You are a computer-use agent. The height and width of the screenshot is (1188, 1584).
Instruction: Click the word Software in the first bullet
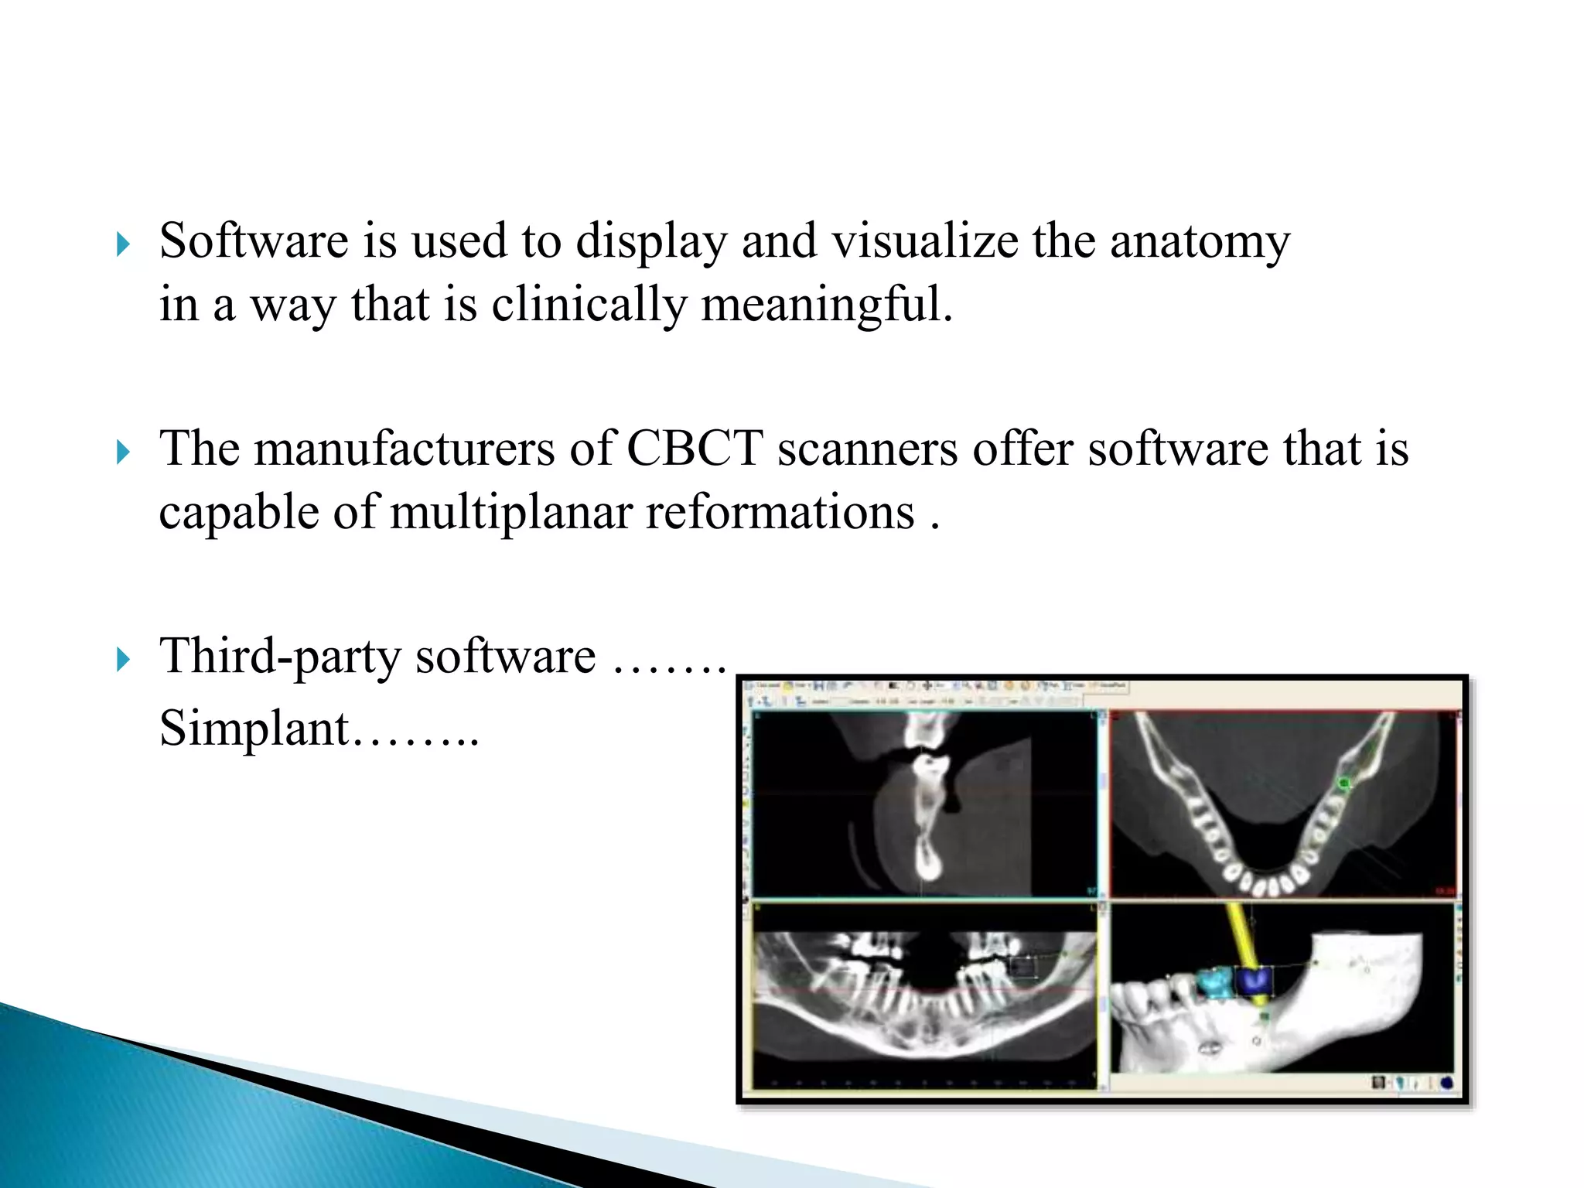(x=253, y=241)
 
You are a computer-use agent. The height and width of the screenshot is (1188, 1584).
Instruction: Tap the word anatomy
(x=1200, y=242)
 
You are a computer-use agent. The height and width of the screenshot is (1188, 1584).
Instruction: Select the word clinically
(x=589, y=305)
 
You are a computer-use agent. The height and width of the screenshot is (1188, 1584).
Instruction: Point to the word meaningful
(x=826, y=305)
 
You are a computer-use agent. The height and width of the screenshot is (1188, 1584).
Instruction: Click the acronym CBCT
(x=694, y=449)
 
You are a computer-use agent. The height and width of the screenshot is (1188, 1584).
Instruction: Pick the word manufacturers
(x=405, y=449)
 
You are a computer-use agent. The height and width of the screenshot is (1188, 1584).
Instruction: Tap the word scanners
(x=867, y=449)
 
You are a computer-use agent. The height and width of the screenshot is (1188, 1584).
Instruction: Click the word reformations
(x=780, y=513)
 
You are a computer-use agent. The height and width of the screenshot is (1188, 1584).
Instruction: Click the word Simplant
(x=254, y=729)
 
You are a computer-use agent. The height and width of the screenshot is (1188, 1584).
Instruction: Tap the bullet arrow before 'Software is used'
(x=123, y=245)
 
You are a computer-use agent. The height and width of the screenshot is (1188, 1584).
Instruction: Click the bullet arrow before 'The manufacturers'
(x=123, y=452)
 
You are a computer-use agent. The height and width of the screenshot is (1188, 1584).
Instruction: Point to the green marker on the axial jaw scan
(x=1344, y=783)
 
